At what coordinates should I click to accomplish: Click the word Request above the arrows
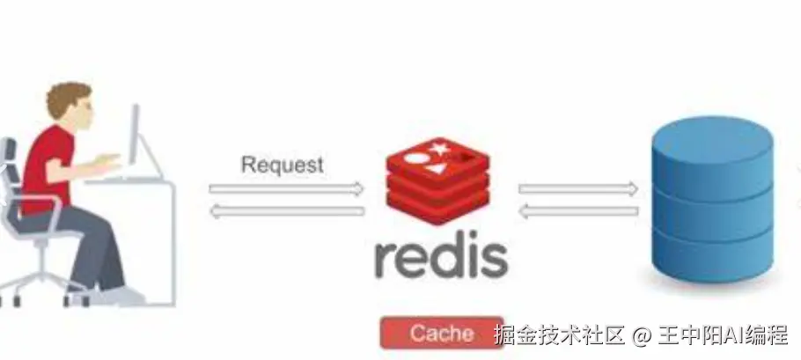[282, 165]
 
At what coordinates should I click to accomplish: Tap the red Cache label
[442, 333]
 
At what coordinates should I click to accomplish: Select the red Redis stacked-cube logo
[437, 181]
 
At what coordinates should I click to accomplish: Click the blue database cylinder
[713, 199]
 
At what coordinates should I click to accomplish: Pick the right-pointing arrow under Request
[286, 189]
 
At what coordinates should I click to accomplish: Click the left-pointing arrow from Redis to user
[287, 211]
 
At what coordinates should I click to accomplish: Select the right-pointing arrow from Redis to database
[578, 189]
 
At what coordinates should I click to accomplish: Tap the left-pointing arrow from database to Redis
[578, 211]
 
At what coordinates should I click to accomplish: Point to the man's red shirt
[47, 168]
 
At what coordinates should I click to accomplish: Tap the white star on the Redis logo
[439, 149]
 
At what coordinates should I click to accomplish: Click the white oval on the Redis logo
[417, 158]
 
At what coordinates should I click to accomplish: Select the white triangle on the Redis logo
[436, 168]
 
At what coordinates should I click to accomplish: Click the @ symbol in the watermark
[642, 335]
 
